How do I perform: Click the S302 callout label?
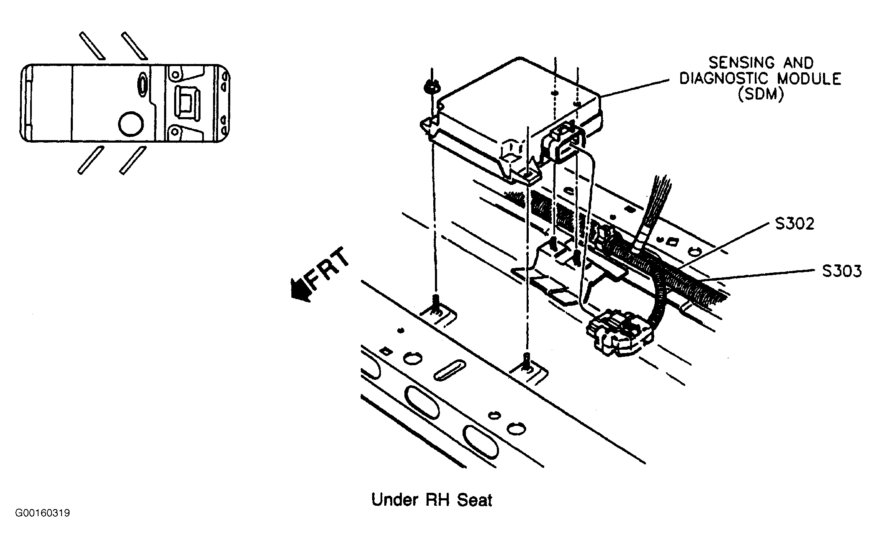(795, 224)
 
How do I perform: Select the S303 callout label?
(842, 271)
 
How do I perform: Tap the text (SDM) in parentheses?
(760, 95)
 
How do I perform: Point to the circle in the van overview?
(131, 123)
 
